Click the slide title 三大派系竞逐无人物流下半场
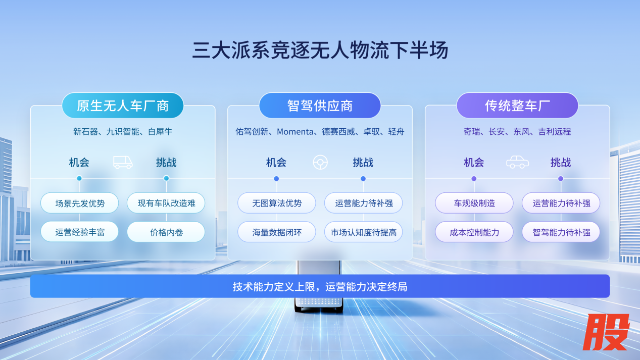tap(320, 50)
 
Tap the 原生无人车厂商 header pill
tap(123, 106)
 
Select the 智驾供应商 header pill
tap(320, 106)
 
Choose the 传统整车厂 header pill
tap(517, 106)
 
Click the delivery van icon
tap(123, 162)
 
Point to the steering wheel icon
tap(320, 163)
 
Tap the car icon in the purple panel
tap(517, 162)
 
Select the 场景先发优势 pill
tap(79, 203)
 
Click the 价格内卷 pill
tap(166, 232)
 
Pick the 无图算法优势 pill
tap(277, 203)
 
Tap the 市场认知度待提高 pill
tap(363, 232)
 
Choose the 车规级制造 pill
tap(474, 203)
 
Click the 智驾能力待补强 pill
tap(561, 232)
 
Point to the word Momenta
tap(295, 132)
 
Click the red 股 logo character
tap(606, 332)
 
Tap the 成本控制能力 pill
tap(474, 232)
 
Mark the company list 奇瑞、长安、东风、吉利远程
tap(517, 132)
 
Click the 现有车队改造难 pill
tap(166, 203)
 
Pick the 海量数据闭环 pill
tap(277, 232)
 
